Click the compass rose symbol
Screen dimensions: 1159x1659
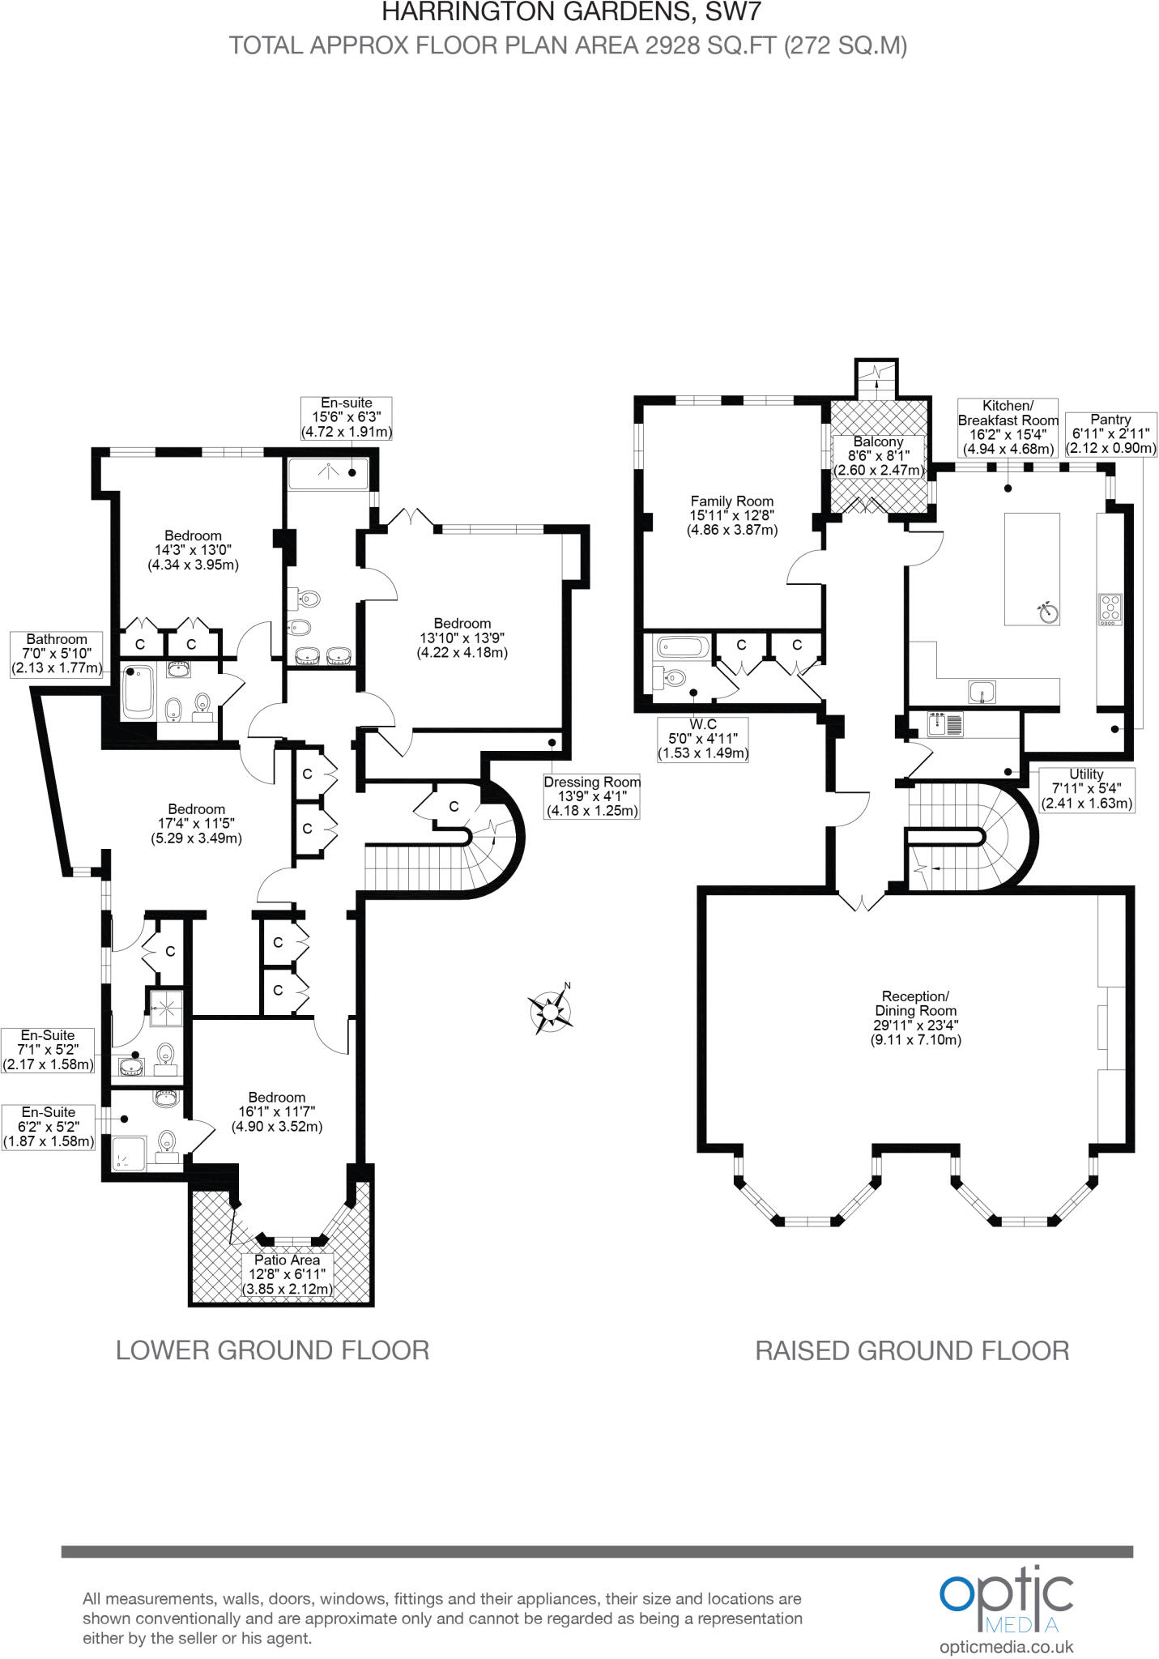[552, 1010]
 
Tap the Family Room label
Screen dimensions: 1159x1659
[732, 516]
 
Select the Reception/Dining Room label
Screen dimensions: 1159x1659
[915, 1017]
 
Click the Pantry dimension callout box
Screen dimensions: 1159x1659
[1110, 433]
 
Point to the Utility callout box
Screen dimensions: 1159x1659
[1086, 789]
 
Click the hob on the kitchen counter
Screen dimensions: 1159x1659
[1110, 609]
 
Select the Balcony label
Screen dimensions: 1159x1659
[879, 455]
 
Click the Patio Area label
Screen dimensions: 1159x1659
[288, 1274]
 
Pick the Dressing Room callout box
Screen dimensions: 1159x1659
[592, 796]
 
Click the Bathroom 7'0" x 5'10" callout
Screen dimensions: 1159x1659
[57, 654]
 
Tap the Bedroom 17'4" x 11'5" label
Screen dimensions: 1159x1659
[197, 823]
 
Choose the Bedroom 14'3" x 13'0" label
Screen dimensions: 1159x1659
[193, 550]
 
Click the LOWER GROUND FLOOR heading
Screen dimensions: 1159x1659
[272, 1350]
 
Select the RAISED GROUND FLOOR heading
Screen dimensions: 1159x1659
[912, 1351]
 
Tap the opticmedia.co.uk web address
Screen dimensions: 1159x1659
[1007, 1647]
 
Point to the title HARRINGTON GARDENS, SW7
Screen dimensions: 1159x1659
[571, 12]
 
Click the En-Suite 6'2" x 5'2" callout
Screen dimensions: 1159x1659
[49, 1127]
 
